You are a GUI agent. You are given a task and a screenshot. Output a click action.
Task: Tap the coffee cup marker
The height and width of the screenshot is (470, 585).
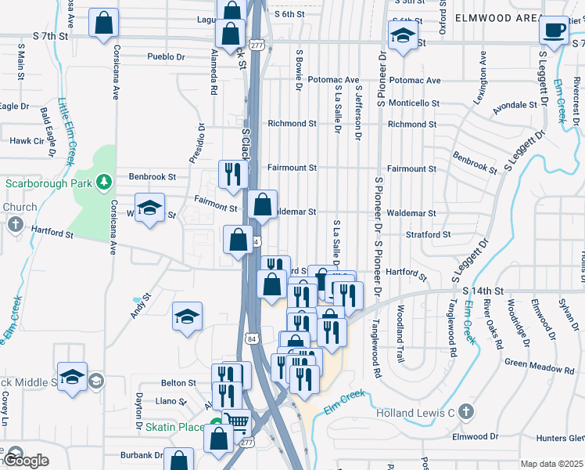[554, 31]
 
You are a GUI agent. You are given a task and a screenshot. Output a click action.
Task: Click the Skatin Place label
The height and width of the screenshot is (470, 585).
[174, 427]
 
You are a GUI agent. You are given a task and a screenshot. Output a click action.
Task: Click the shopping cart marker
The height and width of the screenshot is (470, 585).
[237, 424]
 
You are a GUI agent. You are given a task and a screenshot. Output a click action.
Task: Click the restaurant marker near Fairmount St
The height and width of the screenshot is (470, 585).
[232, 175]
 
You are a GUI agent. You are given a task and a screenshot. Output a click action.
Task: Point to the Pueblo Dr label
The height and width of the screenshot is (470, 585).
[166, 57]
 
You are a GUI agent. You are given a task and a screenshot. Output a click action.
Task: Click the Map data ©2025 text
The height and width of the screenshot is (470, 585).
[551, 464]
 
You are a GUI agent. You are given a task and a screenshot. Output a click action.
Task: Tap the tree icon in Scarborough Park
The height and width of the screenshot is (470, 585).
[103, 183]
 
